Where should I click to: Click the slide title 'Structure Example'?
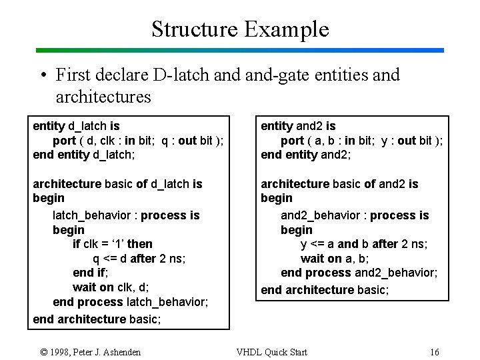click(x=240, y=29)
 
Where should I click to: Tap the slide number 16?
click(x=435, y=352)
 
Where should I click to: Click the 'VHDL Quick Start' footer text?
click(x=272, y=352)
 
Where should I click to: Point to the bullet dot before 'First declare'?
click(x=42, y=75)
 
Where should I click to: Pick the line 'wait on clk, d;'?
click(x=111, y=287)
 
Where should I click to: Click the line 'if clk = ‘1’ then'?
click(x=112, y=244)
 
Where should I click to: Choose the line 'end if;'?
click(x=90, y=273)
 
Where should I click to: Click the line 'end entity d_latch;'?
click(x=84, y=155)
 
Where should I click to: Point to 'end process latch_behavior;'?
click(x=130, y=302)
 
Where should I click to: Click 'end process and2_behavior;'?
click(x=359, y=273)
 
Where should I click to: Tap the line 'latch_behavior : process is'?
click(x=126, y=215)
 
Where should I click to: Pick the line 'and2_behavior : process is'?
click(x=355, y=215)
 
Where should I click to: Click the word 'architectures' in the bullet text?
click(x=103, y=97)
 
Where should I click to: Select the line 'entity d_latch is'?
click(x=76, y=126)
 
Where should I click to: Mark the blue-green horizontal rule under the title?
click(x=240, y=50)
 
